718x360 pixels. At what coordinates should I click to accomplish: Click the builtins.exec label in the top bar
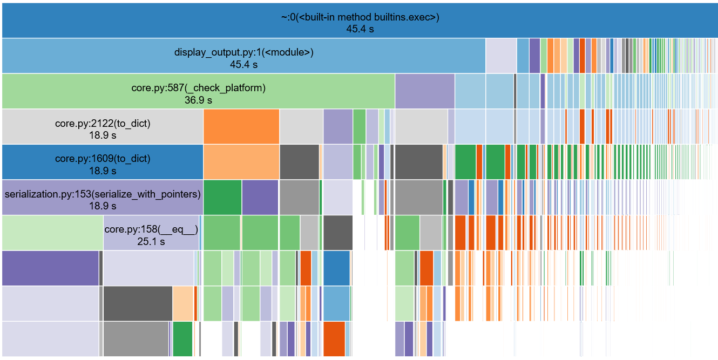point(360,17)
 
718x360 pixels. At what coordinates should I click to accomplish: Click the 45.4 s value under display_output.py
point(243,64)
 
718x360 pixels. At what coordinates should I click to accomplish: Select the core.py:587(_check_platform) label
point(199,87)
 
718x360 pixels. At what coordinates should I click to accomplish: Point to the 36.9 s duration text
point(198,100)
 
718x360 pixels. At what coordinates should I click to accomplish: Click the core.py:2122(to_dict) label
point(103,123)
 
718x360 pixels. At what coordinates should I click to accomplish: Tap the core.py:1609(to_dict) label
point(103,158)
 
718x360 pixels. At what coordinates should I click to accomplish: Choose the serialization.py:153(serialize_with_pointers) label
point(103,194)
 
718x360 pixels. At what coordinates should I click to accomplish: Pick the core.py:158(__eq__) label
point(151,229)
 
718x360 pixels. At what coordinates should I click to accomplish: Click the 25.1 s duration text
point(151,241)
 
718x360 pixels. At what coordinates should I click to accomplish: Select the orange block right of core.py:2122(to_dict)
point(241,127)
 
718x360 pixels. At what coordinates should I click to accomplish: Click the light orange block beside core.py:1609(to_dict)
point(241,162)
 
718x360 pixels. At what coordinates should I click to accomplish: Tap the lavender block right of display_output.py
point(500,56)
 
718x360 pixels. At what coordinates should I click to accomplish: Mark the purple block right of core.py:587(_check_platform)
point(424,91)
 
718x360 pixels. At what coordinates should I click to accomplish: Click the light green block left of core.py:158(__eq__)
point(52,233)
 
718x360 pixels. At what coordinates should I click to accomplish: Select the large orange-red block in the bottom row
point(334,338)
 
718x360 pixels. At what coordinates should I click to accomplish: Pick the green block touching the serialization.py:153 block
point(222,197)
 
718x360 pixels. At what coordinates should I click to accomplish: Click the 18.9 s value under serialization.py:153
point(103,206)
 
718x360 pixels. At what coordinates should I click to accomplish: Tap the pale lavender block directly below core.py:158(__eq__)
point(148,268)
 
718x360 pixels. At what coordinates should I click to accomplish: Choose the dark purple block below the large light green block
point(50,268)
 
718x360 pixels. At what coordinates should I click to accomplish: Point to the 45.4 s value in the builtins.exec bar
point(360,29)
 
